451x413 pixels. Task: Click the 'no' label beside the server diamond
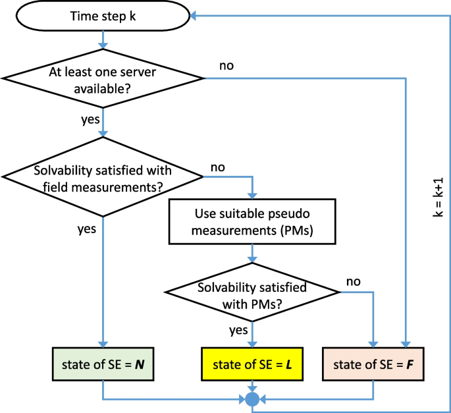(225, 67)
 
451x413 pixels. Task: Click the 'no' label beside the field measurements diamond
(218, 167)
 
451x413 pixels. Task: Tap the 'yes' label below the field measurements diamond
(87, 229)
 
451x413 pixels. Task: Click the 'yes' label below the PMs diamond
(238, 327)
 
